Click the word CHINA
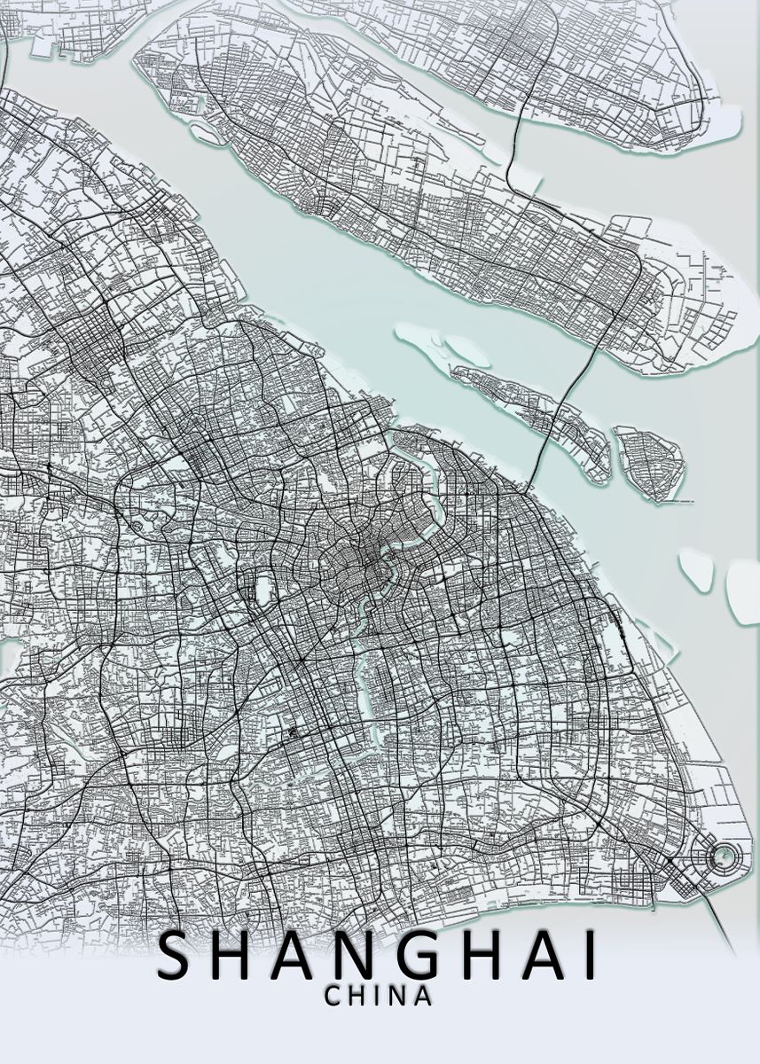(379, 996)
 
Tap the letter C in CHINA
(333, 996)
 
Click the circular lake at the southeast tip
(725, 856)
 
